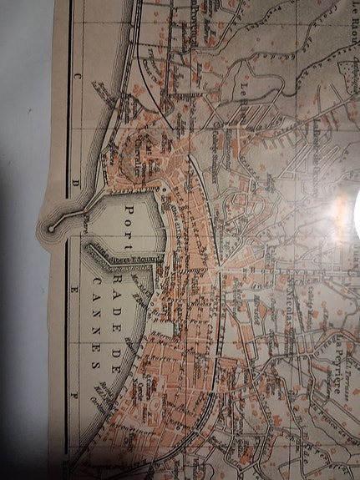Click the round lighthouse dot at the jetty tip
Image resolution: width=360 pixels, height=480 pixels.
(53, 227)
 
